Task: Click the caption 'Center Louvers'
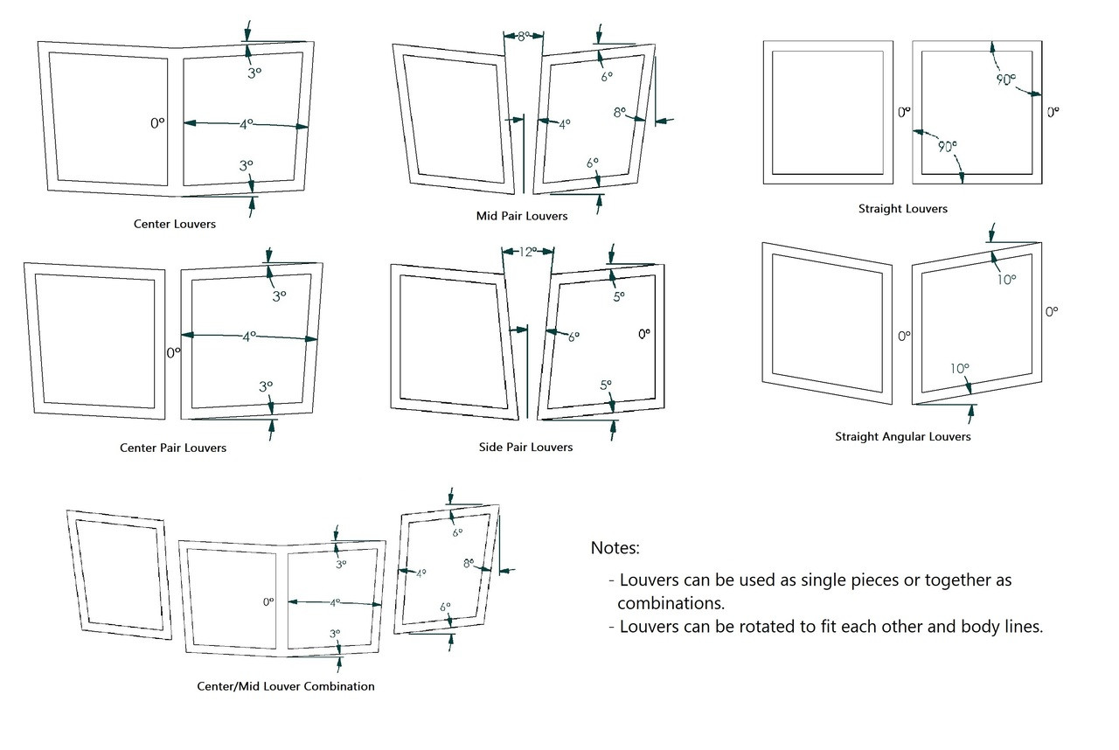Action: pos(174,224)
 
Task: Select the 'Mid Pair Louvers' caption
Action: pos(521,216)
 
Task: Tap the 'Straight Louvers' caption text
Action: pos(902,209)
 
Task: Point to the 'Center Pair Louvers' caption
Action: pos(173,448)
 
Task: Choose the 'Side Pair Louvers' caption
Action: pos(525,447)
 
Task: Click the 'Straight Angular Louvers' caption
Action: pos(902,436)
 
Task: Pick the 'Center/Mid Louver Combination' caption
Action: pos(286,686)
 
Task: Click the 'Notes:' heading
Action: pos(615,548)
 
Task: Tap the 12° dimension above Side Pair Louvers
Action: pos(527,252)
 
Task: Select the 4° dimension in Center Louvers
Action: pos(247,125)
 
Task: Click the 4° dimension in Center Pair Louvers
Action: pos(249,336)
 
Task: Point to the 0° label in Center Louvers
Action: pos(157,123)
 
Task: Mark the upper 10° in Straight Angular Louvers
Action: pos(1005,280)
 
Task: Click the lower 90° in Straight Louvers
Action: pos(946,146)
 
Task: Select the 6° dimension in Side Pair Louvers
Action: pos(573,336)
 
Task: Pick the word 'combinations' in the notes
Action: pos(671,603)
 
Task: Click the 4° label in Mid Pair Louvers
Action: pos(564,124)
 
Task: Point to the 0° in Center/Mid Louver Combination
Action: pos(268,601)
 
